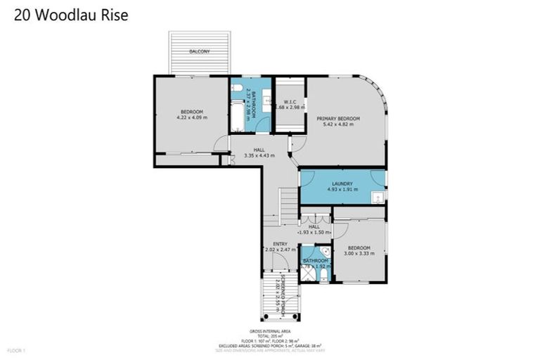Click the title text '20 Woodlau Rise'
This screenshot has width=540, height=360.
pos(71,15)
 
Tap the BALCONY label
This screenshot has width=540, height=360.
pos(199,52)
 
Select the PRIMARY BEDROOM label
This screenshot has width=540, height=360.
pos(337,119)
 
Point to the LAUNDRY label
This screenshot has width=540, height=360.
pos(342,184)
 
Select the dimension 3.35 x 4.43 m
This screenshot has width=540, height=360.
pos(259,155)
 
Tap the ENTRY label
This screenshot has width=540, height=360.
pos(280,244)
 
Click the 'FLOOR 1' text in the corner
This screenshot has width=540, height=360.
pos(15,349)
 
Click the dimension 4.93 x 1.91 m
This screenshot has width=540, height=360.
pos(342,190)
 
